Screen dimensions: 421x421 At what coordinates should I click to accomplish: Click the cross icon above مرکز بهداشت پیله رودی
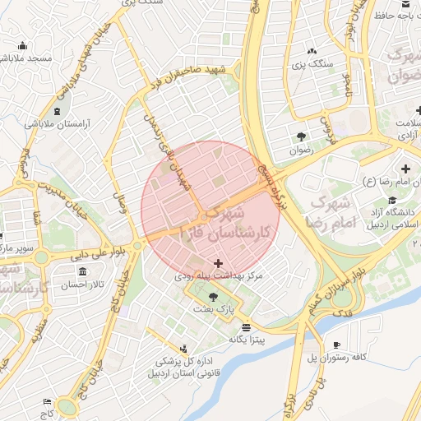coord(218,264)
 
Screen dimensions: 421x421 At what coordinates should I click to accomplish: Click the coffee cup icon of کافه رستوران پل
coord(335,345)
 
